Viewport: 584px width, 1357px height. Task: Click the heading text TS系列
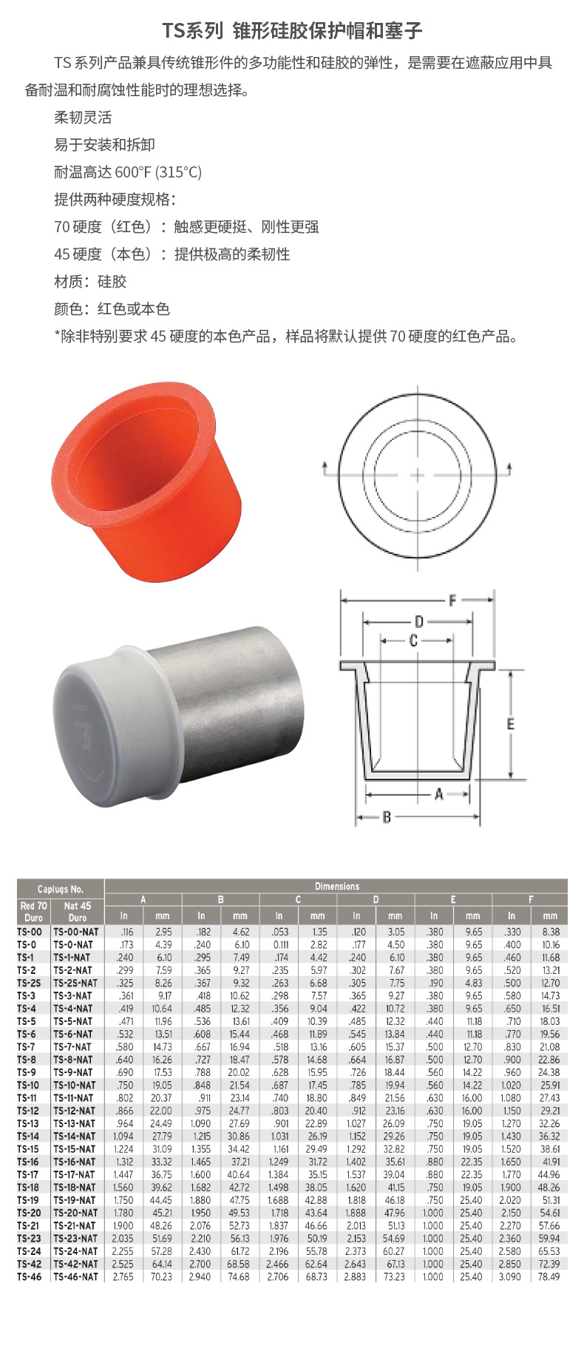tap(192, 30)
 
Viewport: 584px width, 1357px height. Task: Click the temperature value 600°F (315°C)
tap(158, 172)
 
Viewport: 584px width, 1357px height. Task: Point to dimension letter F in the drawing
tap(452, 600)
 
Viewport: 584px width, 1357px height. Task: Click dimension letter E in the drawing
tap(510, 724)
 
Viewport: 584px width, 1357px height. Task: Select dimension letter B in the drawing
tap(387, 817)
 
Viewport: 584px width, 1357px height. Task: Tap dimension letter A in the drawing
tap(438, 794)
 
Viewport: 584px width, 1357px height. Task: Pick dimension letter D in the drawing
tap(418, 621)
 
